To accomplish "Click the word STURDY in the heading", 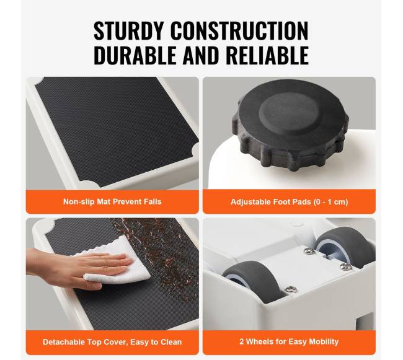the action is [x=128, y=31].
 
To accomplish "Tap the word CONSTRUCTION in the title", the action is [x=239, y=31].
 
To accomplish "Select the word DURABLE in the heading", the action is [x=135, y=55].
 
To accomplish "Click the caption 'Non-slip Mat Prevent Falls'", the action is [x=112, y=201].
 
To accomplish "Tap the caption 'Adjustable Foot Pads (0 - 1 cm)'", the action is [x=289, y=202].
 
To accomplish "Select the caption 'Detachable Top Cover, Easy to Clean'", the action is [x=112, y=342].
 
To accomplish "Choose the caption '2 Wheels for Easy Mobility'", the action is [x=289, y=341].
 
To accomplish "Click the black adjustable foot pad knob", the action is [x=290, y=125].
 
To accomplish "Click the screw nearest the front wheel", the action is [x=291, y=289].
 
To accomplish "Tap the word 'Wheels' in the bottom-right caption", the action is [x=259, y=341].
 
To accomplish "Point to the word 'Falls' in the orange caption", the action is [x=153, y=201].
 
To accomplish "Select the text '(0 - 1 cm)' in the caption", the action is [x=331, y=202].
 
